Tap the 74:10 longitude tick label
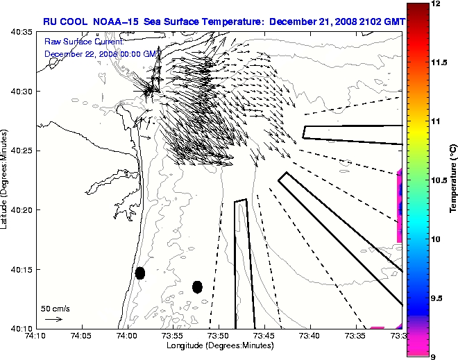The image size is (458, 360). (35, 336)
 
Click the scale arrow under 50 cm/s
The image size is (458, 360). (53, 319)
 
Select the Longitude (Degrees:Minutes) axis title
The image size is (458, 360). (218, 345)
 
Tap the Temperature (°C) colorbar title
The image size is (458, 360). (452, 180)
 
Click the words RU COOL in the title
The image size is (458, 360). (63, 22)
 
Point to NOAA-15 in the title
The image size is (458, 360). (111, 22)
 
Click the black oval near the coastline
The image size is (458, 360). (139, 273)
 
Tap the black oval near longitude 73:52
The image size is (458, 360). (197, 286)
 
